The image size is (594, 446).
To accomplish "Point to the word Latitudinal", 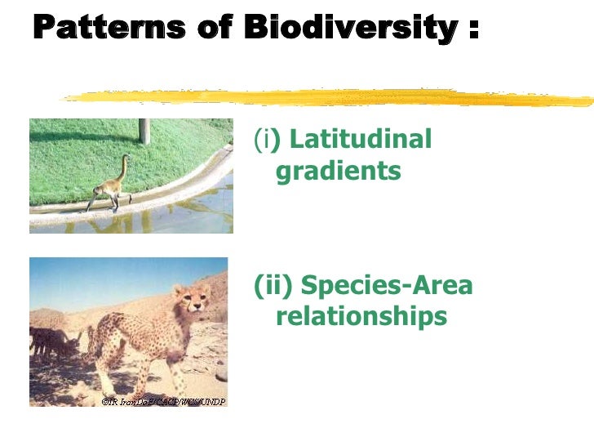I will pos(360,140).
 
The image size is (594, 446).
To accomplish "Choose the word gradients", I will pos(338,172).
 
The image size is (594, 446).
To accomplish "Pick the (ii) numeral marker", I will pos(273,287).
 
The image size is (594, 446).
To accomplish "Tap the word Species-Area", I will pos(387,287).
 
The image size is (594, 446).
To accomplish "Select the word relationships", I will pos(361,317).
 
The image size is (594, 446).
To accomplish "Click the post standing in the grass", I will pos(144,131).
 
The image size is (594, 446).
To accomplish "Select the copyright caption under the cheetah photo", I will pos(162,401).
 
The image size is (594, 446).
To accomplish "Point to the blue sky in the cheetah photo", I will pos(98,278).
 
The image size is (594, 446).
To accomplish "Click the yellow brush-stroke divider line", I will pos(326,98).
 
